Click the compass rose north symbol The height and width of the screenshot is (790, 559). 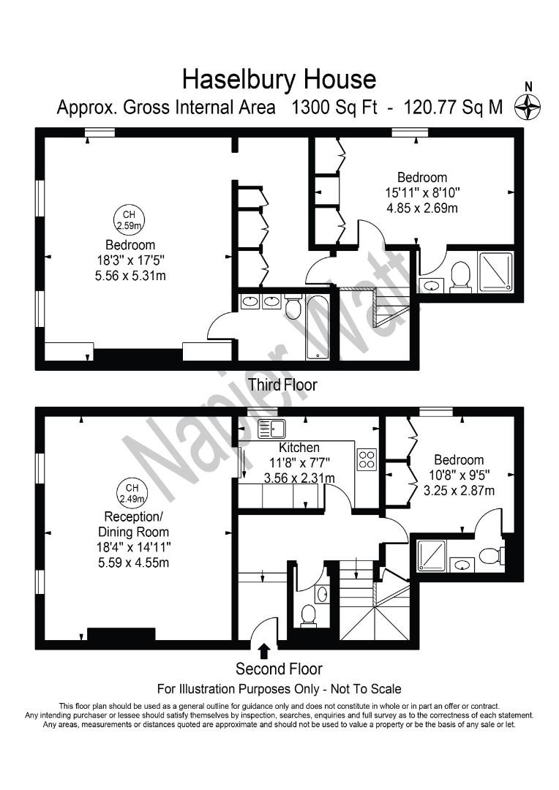click(x=527, y=107)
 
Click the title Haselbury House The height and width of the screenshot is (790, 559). click(x=279, y=78)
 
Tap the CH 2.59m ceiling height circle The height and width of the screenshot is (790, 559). click(x=129, y=219)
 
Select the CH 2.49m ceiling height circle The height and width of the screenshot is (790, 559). click(x=132, y=493)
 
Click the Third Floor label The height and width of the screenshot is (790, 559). click(x=282, y=385)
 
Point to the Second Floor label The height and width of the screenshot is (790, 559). click(x=279, y=669)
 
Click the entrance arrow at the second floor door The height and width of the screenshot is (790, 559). click(x=264, y=650)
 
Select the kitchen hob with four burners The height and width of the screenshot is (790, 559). click(x=366, y=459)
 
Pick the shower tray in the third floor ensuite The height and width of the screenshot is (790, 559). click(x=496, y=271)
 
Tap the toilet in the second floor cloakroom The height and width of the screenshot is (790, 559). click(x=308, y=616)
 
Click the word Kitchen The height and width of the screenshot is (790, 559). click(x=299, y=448)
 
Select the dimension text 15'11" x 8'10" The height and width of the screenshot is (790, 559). click(x=422, y=192)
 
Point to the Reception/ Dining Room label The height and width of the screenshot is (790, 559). click(x=133, y=524)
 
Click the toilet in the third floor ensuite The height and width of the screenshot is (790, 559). click(x=460, y=276)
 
